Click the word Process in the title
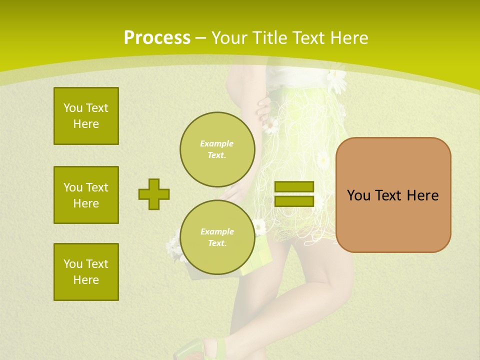157,37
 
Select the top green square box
86,116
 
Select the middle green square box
86,195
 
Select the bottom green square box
86,272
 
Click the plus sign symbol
154,194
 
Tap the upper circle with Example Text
217,149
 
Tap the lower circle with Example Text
217,237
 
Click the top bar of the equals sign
294,187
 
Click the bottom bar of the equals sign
294,201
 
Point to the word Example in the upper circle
217,143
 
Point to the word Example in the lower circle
217,231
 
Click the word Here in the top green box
86,124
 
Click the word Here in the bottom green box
86,280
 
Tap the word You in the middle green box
72,187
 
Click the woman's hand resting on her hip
263,107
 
